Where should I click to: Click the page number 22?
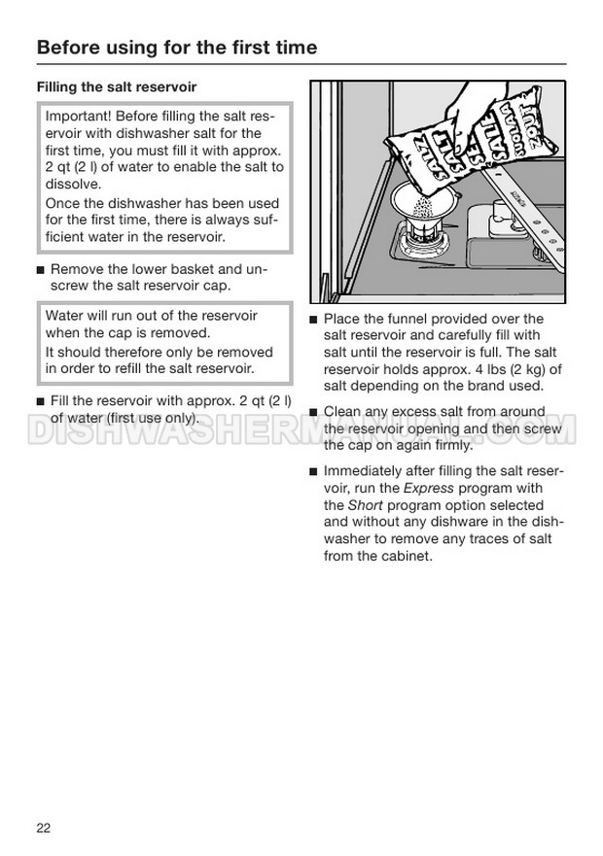coord(43,828)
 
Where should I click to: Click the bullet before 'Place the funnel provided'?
coord(313,320)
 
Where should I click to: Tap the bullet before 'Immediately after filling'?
coord(313,472)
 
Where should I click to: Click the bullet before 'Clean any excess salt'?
coord(313,412)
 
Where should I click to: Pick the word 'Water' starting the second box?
coord(65,317)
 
